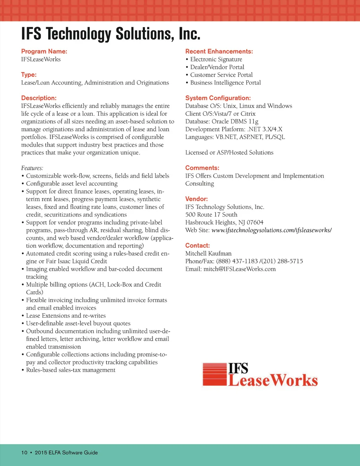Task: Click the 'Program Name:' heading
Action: [44, 51]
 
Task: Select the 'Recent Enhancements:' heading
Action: [219, 51]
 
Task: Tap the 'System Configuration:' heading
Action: [218, 98]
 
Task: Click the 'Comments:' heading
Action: [202, 168]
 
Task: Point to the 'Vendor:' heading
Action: [197, 199]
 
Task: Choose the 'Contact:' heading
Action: [198, 245]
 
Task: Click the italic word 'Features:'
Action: [32, 168]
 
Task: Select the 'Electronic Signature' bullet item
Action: [216, 59]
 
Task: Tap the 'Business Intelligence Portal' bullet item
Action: [225, 83]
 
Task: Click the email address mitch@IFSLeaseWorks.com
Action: [239, 269]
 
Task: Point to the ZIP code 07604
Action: [255, 222]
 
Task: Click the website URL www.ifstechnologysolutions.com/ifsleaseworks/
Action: [271, 230]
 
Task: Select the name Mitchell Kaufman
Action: [208, 254]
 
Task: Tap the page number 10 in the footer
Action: [24, 453]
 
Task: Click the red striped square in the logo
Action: [214, 375]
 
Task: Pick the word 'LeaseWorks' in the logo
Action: [273, 381]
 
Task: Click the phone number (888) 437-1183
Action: [237, 261]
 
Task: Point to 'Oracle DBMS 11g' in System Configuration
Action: [235, 122]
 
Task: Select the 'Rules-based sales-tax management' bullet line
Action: [71, 370]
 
